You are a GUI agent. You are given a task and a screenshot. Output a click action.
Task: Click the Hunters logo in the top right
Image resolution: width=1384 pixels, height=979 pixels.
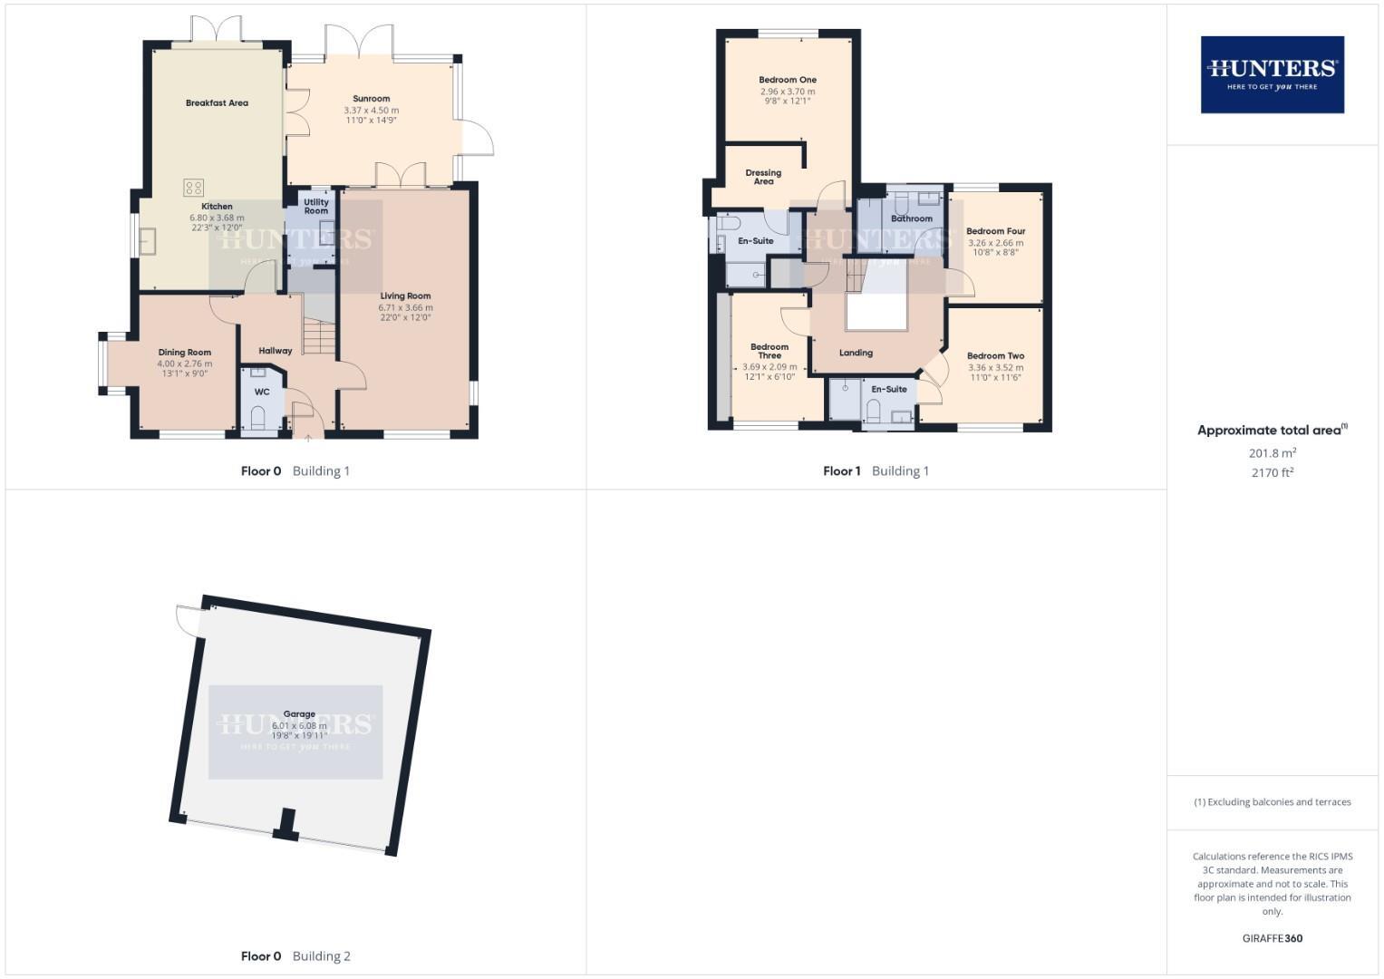pos(1272,74)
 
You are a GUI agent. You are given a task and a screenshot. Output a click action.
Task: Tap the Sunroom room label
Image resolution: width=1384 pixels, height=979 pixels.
pos(372,99)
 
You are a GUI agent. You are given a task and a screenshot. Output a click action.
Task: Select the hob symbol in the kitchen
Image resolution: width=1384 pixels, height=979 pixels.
pos(194,188)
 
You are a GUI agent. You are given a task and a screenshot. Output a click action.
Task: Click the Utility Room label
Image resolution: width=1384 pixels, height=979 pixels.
pos(316,207)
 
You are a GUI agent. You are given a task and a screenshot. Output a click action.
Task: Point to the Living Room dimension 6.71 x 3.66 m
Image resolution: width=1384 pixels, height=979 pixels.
pos(405,307)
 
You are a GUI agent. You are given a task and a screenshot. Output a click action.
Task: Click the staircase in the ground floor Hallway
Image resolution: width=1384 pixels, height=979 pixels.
pos(319,337)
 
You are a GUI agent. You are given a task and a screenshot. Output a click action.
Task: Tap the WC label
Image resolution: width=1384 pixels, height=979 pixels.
pos(262,393)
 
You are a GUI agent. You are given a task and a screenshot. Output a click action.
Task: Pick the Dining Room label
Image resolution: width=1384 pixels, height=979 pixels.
pos(185,353)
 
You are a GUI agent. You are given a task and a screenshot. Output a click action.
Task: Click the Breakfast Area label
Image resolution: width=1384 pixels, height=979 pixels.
pos(217,103)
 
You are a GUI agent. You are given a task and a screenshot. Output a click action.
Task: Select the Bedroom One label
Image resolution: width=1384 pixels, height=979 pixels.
pos(788,80)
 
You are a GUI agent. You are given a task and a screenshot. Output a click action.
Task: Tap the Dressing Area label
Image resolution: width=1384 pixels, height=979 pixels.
pos(763,177)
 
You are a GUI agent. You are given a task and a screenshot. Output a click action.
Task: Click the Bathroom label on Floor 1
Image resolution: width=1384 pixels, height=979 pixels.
pos(912,218)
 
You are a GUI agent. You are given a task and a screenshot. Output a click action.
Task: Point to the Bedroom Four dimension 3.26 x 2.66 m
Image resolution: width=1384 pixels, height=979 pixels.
pos(995,243)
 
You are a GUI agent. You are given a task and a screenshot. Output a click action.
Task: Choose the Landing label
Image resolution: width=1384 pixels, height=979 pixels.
pos(856,353)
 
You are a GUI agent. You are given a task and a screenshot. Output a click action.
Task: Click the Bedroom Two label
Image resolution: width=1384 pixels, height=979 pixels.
pos(995,356)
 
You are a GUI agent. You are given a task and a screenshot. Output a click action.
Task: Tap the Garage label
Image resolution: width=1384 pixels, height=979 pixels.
pos(299,714)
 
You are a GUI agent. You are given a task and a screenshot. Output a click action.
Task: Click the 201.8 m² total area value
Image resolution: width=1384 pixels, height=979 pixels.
pos(1272,453)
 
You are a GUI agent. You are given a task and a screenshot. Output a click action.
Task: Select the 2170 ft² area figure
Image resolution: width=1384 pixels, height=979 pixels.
pos(1272,472)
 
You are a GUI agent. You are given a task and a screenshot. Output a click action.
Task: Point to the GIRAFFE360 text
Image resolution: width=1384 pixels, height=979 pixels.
pos(1272,938)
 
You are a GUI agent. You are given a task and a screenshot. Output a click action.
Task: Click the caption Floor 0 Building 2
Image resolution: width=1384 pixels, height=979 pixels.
pos(295,955)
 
